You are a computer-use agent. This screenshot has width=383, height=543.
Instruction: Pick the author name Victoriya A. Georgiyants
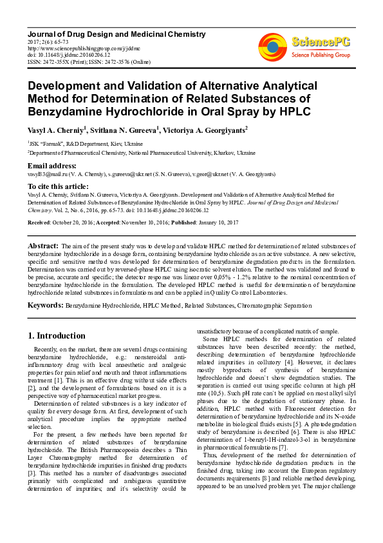[201, 131]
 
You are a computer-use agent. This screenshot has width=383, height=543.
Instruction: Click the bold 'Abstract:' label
[43, 246]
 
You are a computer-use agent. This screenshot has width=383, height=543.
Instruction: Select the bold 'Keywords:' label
[45, 304]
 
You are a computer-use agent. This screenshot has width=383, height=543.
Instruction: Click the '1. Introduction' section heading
[57, 336]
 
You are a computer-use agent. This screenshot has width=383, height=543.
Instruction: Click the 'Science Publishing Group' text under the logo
[320, 55]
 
